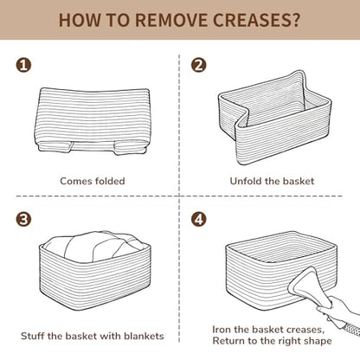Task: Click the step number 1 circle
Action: click(x=23, y=65)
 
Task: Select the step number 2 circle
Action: click(x=199, y=65)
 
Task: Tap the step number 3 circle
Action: click(x=23, y=219)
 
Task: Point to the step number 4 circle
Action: click(x=199, y=219)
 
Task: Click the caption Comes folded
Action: click(x=93, y=181)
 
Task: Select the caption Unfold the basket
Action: click(x=272, y=181)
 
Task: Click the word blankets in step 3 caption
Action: click(x=144, y=336)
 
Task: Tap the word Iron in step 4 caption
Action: click(x=222, y=330)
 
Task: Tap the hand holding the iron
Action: click(x=339, y=310)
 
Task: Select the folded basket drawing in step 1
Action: click(x=93, y=121)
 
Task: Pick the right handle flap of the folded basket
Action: click(x=131, y=148)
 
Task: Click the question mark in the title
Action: click(x=295, y=20)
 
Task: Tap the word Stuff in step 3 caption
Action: click(x=33, y=336)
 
